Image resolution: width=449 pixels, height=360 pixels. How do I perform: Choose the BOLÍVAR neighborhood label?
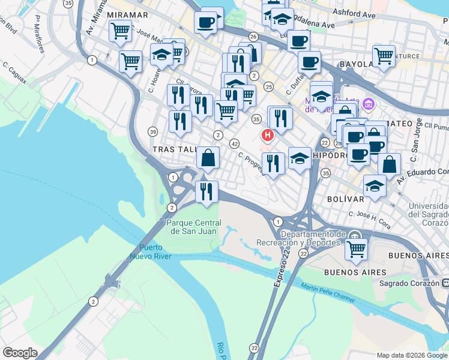pos(346,199)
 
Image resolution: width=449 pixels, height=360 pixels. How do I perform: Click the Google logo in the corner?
pos(19,353)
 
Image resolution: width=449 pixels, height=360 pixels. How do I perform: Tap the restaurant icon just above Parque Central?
pos(206,192)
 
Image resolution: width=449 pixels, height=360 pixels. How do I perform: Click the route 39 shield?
pos(154,132)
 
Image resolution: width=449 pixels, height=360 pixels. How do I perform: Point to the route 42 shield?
pos(235,143)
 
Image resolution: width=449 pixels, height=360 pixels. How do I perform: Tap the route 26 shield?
pos(253,37)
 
